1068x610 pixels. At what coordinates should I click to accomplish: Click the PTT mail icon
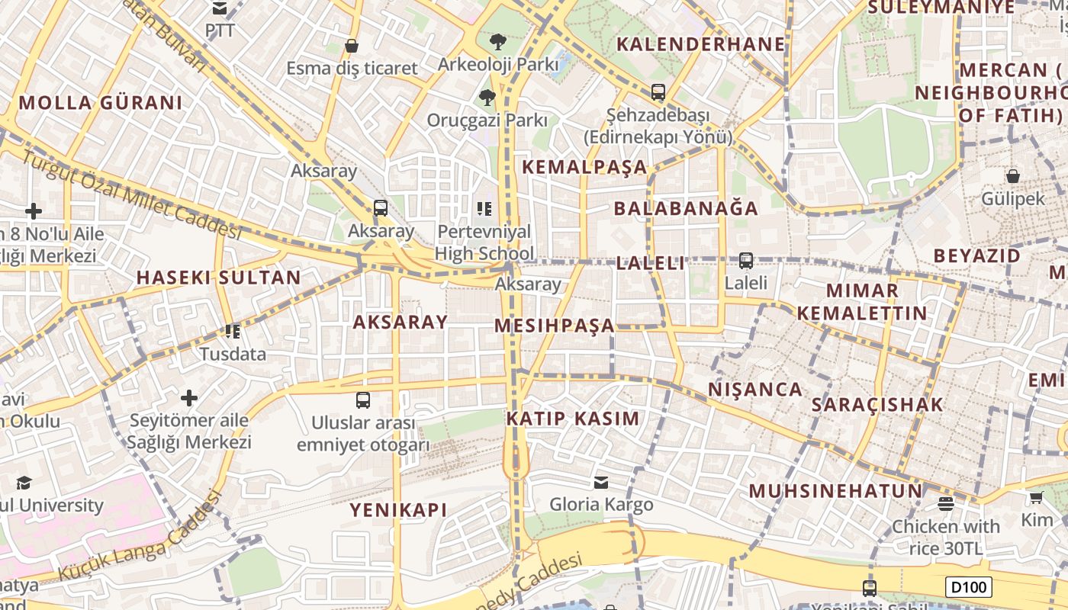220,8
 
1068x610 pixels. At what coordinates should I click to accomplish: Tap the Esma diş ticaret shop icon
352,46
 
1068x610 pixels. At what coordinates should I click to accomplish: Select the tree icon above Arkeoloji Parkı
498,40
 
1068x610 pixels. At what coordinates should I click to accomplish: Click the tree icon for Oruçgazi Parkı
487,97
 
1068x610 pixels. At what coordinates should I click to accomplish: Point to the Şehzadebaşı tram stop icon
658,92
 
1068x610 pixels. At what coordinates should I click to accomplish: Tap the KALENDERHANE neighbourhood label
700,43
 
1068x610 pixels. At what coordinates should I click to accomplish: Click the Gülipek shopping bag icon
1012,176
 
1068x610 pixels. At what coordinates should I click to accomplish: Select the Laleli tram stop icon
745,261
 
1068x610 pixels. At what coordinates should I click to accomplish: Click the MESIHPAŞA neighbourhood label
555,326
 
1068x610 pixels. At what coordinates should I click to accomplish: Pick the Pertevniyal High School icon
484,208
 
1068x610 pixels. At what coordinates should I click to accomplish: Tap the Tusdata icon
233,332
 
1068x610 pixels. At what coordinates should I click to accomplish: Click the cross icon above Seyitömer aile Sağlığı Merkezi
188,397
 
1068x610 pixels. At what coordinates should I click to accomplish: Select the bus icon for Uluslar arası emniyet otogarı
363,400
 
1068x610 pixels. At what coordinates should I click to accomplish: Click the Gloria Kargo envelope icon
601,482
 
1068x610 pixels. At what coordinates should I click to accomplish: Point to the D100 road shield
969,587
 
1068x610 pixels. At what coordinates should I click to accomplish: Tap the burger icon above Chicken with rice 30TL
946,503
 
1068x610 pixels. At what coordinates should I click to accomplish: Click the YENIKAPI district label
398,510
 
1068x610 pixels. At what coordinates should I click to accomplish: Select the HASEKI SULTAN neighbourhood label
219,278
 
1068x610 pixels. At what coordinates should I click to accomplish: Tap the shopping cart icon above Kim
1036,498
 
